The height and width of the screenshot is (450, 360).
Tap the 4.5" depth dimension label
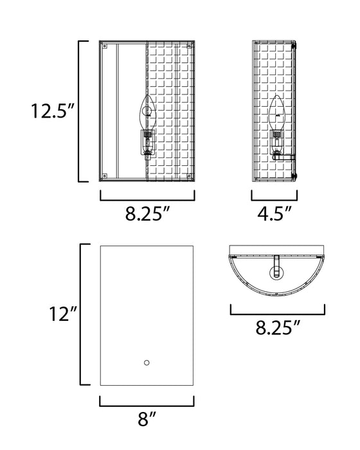pos(274,213)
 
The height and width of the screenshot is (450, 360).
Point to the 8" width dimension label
pos(147,422)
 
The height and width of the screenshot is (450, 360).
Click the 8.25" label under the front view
pos(147,213)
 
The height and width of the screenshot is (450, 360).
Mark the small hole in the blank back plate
pos(147,363)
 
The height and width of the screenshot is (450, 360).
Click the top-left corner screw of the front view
pos(105,47)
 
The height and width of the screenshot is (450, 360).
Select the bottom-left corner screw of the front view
pos(105,175)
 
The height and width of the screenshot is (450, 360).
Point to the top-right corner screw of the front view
pos(190,47)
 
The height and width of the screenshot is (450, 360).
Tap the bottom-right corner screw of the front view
pos(190,175)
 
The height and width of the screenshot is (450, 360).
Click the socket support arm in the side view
pos(287,155)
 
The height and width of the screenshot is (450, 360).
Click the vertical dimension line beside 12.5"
pos(80,111)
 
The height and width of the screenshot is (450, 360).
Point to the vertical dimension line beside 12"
pos(80,314)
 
